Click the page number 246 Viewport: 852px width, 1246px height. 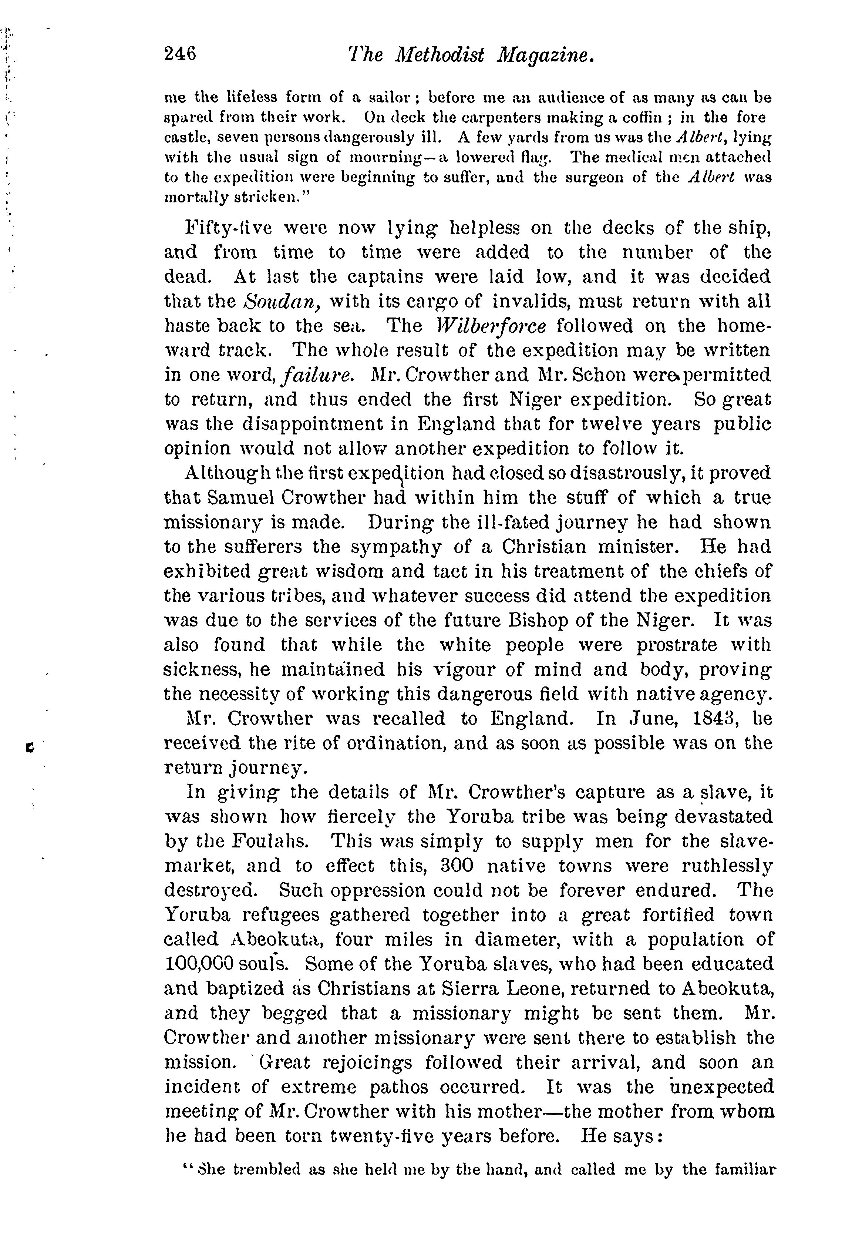(180, 54)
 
